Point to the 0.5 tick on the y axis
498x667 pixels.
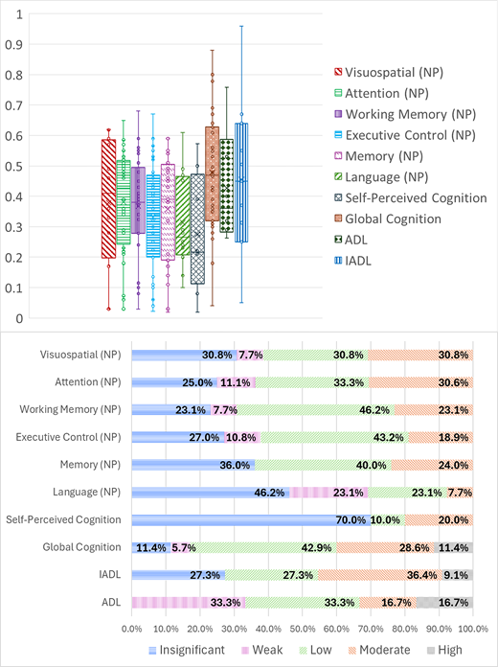(12, 166)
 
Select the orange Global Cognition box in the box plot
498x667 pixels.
(212, 173)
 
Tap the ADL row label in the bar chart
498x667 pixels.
(113, 603)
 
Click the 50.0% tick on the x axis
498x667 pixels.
(303, 630)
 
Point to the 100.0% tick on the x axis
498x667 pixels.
(472, 630)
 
